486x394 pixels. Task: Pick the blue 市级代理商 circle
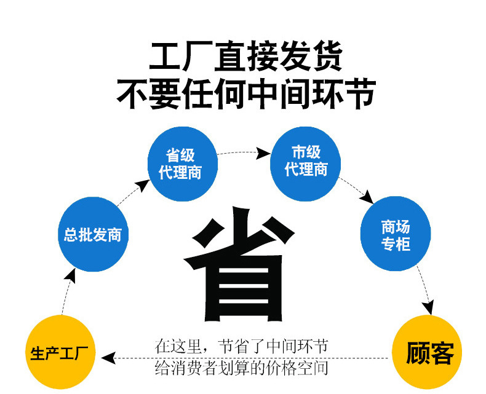click(306, 160)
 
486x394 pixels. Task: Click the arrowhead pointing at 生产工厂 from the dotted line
click(108, 356)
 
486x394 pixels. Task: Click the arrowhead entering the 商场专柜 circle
click(367, 198)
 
